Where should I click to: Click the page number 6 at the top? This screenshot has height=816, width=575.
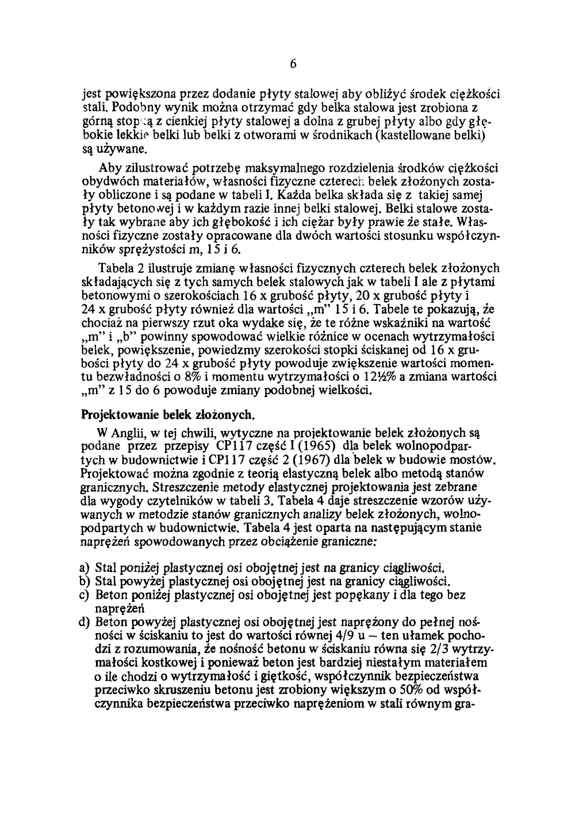(x=293, y=64)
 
